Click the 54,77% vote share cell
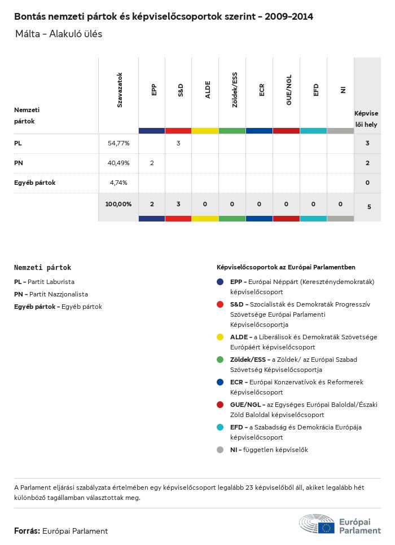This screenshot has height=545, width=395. tap(118, 143)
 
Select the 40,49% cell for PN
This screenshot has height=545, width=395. tap(118, 163)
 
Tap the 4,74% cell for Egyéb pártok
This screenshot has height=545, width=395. tap(118, 183)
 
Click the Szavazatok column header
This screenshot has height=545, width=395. tap(120, 90)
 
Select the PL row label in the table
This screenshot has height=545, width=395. tap(18, 143)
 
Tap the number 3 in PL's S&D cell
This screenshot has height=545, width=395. tap(178, 143)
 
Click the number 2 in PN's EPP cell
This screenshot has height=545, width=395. tap(152, 163)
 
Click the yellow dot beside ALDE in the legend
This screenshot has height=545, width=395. tap(220, 337)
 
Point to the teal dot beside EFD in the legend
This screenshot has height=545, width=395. tap(220, 427)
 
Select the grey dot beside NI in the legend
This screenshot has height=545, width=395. tap(220, 450)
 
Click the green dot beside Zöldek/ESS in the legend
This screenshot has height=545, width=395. tap(220, 360)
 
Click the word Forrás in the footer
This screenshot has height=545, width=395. tap(27, 531)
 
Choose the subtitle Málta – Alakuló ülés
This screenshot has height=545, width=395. tap(59, 34)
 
